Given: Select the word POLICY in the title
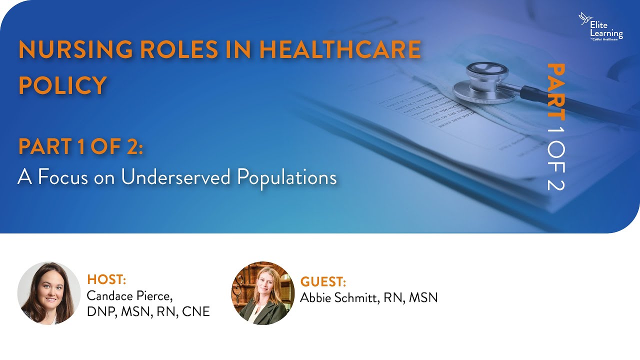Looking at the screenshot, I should [x=62, y=85].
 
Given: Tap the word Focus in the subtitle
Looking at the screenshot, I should [x=63, y=177].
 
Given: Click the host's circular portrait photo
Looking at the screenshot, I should [x=49, y=293].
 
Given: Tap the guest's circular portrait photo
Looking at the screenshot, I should [x=263, y=293].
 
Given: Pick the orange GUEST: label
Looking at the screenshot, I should [x=323, y=281].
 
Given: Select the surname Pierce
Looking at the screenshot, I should [x=156, y=295].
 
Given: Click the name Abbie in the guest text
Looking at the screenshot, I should [x=316, y=298].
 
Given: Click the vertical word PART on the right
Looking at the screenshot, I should [x=555, y=91].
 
